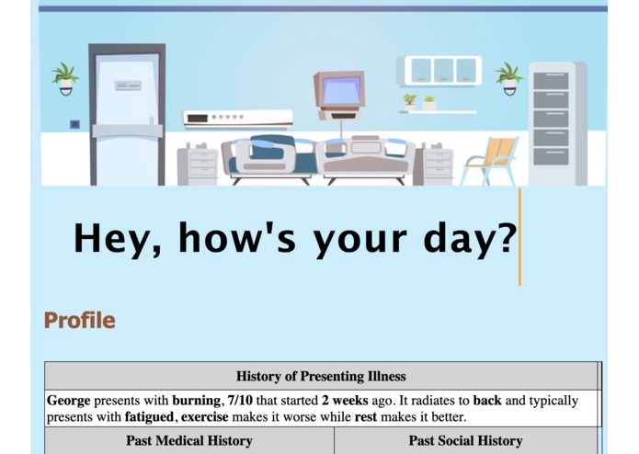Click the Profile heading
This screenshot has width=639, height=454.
(x=80, y=321)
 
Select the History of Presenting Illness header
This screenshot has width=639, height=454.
(x=321, y=376)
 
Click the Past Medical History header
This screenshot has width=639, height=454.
(x=189, y=441)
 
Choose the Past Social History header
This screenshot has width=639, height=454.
(x=465, y=441)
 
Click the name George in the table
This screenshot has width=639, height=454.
(x=68, y=401)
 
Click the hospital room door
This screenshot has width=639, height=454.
(x=127, y=115)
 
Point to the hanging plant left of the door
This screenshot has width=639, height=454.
(x=65, y=77)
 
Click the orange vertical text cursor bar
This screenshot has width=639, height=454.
(x=519, y=237)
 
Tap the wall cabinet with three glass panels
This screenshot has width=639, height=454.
(x=443, y=70)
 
